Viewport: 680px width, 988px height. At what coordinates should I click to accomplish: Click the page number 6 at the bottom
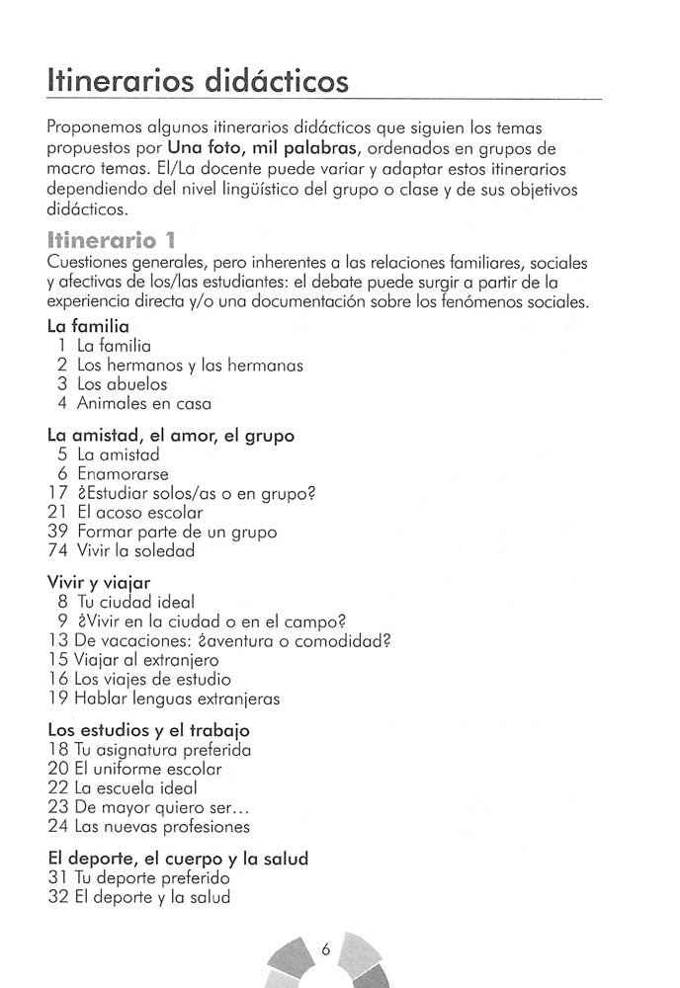[x=325, y=950]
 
